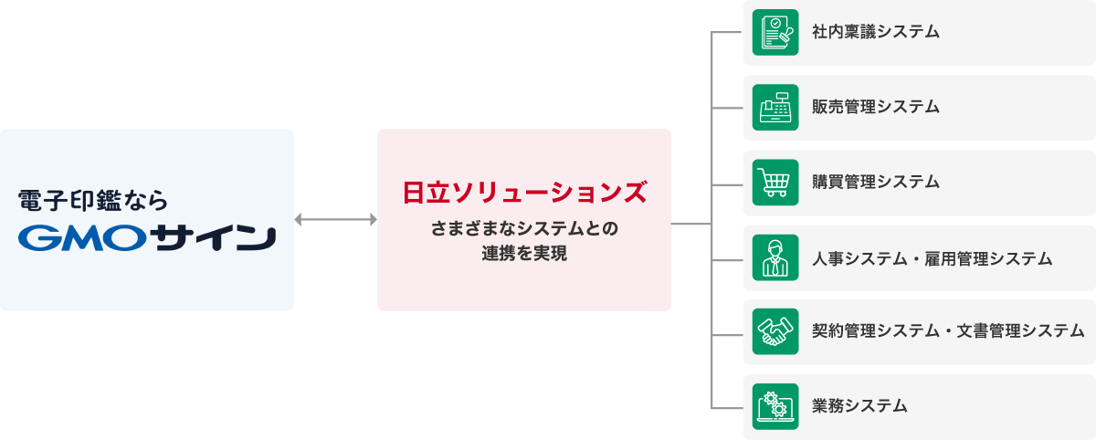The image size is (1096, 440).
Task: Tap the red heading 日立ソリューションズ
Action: click(x=524, y=193)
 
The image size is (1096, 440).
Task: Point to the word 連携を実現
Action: click(x=524, y=254)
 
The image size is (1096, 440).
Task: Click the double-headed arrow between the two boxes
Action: click(x=335, y=220)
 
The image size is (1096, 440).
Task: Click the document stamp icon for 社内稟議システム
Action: click(x=775, y=33)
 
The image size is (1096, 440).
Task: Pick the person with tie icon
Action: click(x=775, y=257)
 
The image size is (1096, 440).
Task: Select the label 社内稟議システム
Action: click(x=875, y=33)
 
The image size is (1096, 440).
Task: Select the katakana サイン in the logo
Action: click(x=215, y=238)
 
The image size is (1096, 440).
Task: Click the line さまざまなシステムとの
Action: click(x=524, y=227)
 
